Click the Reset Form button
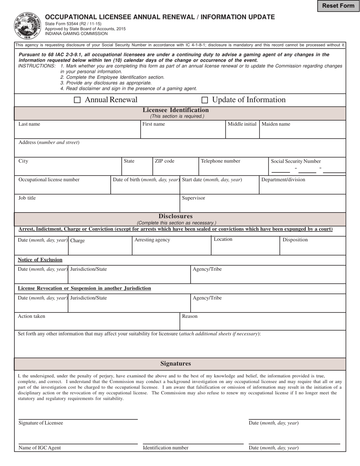click(338, 6)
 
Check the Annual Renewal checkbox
click(77, 100)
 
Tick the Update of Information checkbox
click(205, 100)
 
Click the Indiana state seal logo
click(28, 26)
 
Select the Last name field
click(77, 132)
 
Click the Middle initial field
click(242, 132)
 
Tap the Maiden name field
click(302, 132)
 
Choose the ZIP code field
click(175, 169)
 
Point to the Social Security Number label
click(296, 161)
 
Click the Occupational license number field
click(63, 187)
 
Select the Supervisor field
click(263, 205)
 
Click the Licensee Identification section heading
click(175, 110)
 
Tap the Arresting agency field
click(171, 248)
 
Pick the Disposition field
click(313, 248)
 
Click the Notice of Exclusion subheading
click(40, 260)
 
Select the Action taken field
click(97, 324)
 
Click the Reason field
click(263, 324)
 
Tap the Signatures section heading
click(175, 364)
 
